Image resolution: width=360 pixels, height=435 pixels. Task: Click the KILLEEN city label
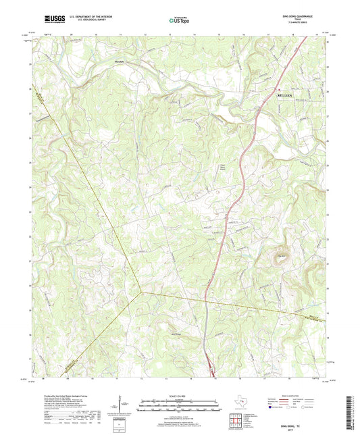tap(287, 96)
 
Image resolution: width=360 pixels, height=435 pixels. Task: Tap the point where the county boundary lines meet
tap(140, 292)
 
